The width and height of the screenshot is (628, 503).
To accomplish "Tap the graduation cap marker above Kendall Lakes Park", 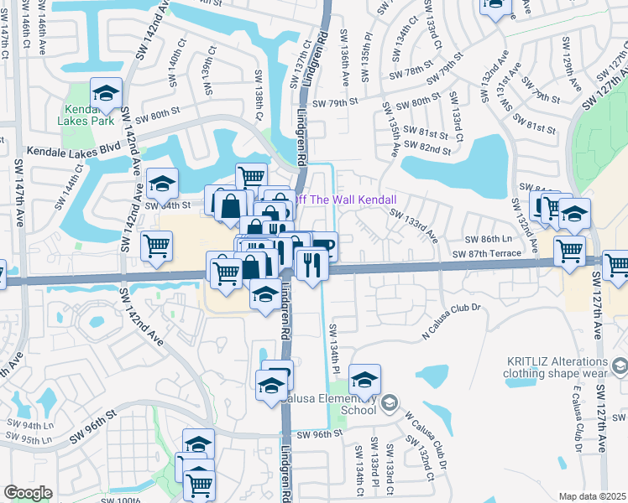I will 107,92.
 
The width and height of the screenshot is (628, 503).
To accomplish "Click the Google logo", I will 28,493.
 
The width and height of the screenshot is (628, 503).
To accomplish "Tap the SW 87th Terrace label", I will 493,253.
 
